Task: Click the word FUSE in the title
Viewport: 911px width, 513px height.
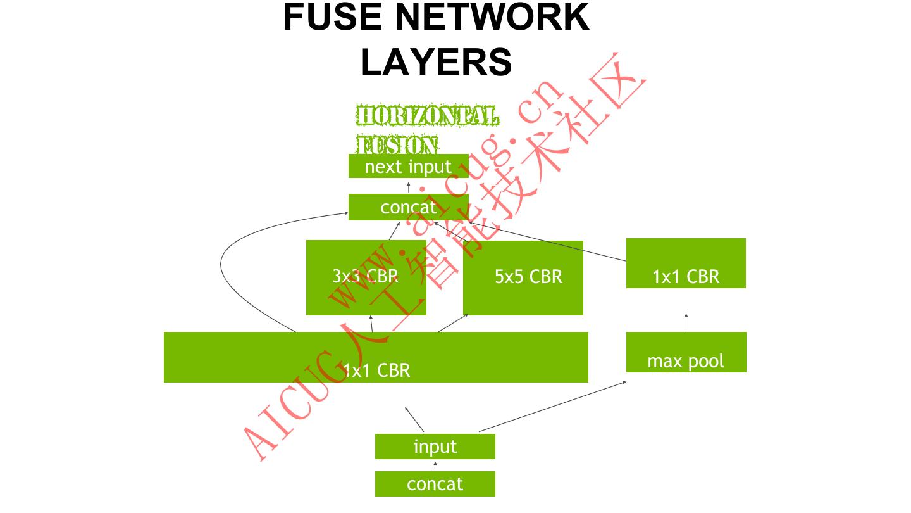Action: click(332, 18)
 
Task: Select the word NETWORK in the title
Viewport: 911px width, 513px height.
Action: click(492, 18)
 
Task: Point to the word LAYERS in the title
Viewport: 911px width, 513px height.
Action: click(436, 62)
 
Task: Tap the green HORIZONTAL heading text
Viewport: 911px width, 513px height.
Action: click(427, 117)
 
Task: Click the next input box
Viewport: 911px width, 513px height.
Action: click(408, 166)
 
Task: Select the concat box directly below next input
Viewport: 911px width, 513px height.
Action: click(408, 207)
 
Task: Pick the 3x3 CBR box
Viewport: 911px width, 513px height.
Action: click(366, 277)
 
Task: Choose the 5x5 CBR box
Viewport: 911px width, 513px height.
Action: click(523, 277)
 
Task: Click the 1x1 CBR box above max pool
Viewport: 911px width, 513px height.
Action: click(686, 263)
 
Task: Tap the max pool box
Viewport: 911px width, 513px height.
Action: click(686, 352)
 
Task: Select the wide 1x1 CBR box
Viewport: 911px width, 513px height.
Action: click(376, 357)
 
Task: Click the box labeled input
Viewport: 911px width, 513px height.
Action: click(435, 446)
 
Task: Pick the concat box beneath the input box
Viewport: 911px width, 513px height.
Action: click(435, 484)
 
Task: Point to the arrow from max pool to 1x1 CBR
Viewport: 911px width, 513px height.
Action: click(686, 322)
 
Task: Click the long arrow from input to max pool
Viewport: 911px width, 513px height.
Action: click(552, 407)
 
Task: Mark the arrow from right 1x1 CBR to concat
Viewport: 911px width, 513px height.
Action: click(538, 241)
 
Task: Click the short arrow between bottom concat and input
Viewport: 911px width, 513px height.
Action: click(435, 465)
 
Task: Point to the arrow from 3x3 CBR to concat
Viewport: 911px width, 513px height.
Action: click(395, 231)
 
